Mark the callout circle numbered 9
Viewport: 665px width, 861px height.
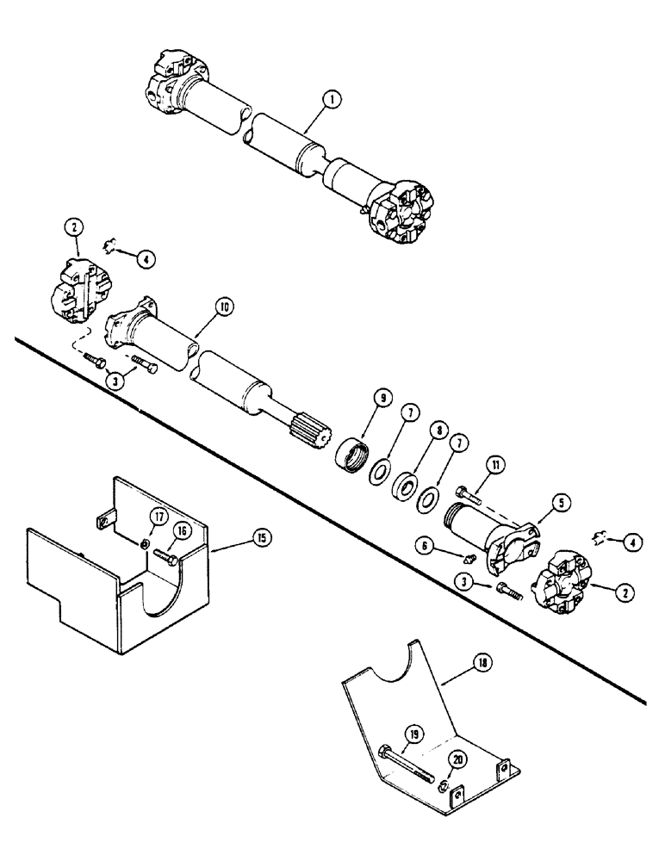(383, 398)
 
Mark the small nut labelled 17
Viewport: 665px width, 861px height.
(147, 545)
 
